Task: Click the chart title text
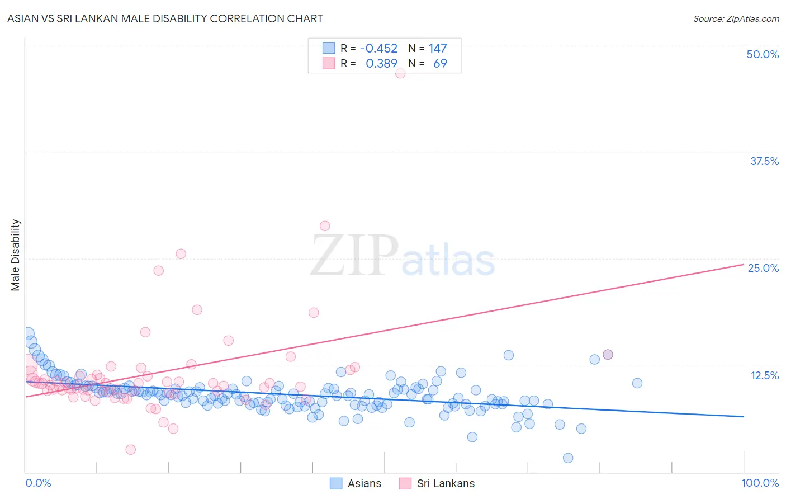[164, 18]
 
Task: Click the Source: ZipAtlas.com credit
[736, 18]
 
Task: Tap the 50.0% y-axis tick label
[763, 54]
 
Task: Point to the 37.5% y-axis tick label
[764, 161]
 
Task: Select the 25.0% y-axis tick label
[763, 268]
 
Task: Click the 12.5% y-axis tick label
[764, 375]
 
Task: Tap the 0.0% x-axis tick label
[38, 483]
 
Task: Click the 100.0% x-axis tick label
[760, 483]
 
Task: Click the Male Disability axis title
[15, 255]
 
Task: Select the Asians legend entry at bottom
[356, 483]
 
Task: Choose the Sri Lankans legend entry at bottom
[437, 483]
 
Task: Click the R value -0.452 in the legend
[378, 49]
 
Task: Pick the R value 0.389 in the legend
[381, 64]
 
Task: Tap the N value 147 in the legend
[438, 49]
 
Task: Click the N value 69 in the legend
[440, 64]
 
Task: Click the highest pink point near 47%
[400, 73]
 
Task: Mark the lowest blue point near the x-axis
[568, 458]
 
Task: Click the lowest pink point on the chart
[131, 450]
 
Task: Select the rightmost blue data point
[637, 383]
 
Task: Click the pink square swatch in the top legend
[329, 64]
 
